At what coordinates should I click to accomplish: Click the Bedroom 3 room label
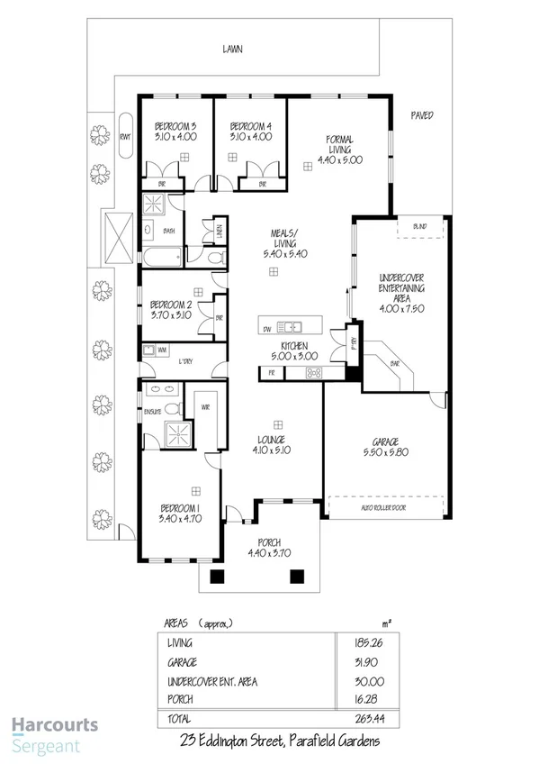pos(175,132)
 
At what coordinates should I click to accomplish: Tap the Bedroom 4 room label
pos(250,132)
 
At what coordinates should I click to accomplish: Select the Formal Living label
pos(339,150)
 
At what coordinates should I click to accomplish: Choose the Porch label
pos(269,548)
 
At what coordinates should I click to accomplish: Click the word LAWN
pos(234,50)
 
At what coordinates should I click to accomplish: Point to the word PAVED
pos(423,115)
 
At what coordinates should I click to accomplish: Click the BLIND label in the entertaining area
pos(420,226)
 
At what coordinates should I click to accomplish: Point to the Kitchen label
pos(295,351)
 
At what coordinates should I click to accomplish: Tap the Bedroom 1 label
pos(179,514)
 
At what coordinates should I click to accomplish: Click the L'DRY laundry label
pos(187,360)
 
